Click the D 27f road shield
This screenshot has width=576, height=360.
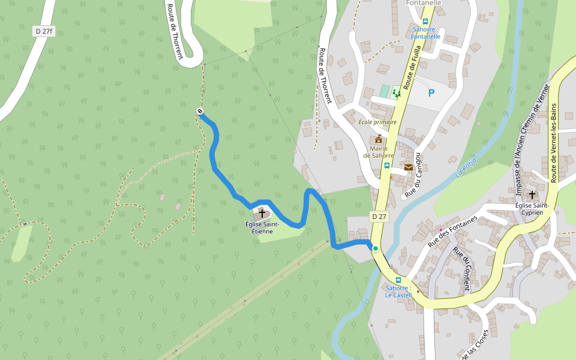(x=44, y=31)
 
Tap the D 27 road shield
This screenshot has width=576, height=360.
(x=379, y=216)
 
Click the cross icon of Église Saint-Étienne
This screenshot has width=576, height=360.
(x=262, y=213)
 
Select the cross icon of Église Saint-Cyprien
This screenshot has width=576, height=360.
(x=532, y=195)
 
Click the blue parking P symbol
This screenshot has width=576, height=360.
(x=431, y=93)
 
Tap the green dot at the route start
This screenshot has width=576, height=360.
(x=376, y=248)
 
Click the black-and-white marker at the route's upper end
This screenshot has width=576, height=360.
(x=200, y=111)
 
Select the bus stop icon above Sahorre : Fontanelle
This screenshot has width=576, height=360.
(x=425, y=21)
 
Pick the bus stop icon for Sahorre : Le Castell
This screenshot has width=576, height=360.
(x=398, y=280)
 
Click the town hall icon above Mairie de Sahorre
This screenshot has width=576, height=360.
(x=379, y=139)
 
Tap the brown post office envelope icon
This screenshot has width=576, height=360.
(x=408, y=167)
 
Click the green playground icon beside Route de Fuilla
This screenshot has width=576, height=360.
(x=396, y=93)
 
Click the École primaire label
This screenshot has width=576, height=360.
(x=377, y=122)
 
